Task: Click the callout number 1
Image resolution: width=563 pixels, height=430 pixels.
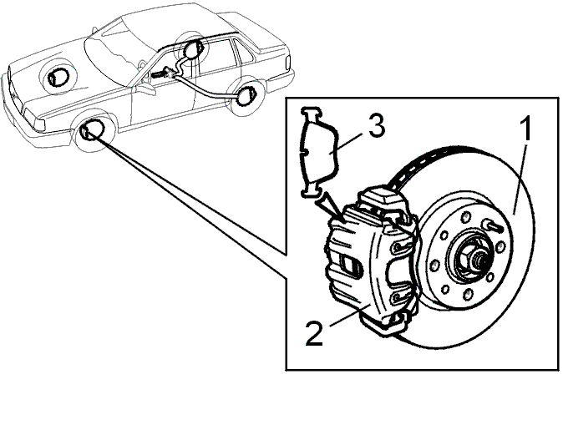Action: click(526, 129)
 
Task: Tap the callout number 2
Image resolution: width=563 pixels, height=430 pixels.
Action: click(314, 334)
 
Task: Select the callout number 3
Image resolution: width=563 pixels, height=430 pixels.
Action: click(377, 125)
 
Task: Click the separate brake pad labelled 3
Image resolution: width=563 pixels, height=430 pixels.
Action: click(318, 152)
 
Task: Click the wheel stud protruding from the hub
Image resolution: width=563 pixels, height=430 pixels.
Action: click(494, 225)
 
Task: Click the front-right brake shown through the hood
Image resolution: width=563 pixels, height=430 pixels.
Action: click(58, 77)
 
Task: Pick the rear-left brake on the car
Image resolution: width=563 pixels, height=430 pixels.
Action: click(246, 96)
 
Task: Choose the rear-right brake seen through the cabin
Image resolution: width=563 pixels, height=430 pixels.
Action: click(193, 48)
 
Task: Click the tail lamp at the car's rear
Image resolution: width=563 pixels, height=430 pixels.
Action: click(287, 64)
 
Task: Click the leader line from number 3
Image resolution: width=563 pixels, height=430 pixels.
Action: click(348, 144)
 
